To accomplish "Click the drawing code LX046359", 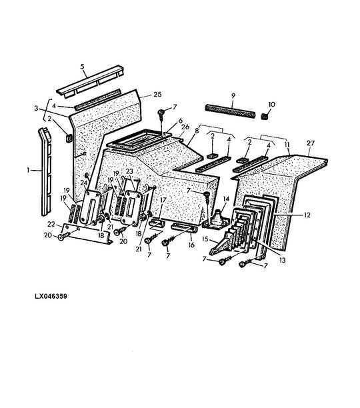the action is [51, 297].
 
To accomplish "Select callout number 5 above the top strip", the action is [83, 67].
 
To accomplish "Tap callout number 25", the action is [157, 94].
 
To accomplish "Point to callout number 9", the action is [233, 95].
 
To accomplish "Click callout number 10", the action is [271, 105].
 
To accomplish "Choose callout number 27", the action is [311, 143].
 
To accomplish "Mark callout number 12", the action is [307, 215].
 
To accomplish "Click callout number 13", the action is [282, 260].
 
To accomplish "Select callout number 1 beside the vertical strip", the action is [28, 171].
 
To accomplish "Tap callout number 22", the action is [51, 224].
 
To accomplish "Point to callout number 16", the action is [191, 245].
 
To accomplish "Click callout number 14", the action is [226, 199].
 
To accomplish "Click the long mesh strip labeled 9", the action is [230, 111].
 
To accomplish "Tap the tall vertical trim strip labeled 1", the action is [45, 172].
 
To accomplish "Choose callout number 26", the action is [185, 127].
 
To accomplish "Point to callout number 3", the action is [36, 108].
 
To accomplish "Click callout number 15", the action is [205, 239].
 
